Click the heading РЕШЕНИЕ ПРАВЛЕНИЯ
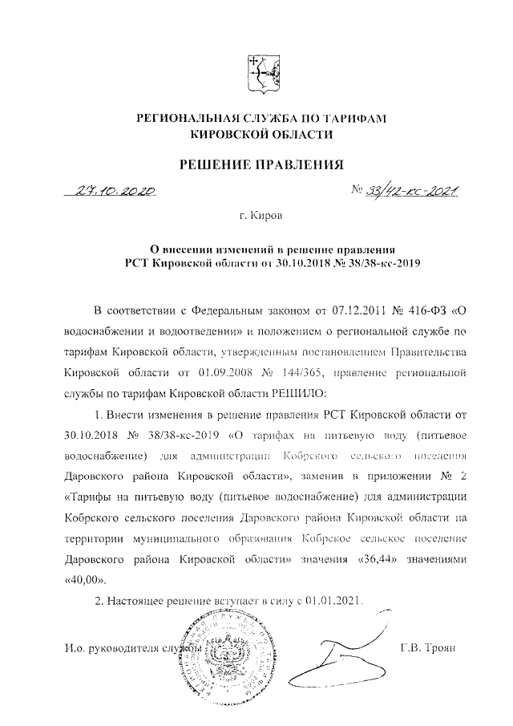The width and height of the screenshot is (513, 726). [x=261, y=166]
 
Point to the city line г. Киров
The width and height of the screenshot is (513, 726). [x=261, y=216]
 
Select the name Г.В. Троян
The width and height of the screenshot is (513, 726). [x=427, y=647]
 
